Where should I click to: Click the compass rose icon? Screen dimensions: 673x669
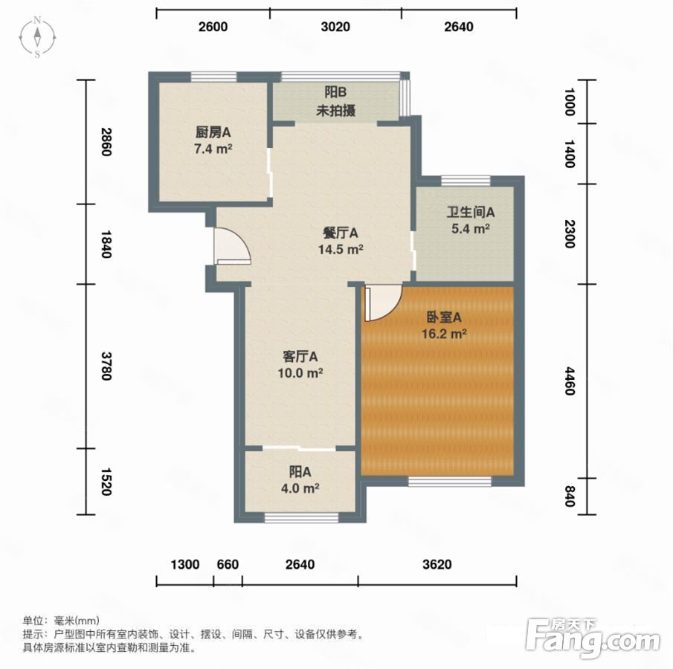pos(37,37)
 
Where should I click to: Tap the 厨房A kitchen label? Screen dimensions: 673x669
pos(213,132)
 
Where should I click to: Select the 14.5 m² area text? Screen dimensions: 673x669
pos(341,249)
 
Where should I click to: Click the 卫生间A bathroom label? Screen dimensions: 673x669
pos(471,212)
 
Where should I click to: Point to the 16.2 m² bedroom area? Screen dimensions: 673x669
pos(444,333)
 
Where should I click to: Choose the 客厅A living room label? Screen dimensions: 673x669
pos(300,356)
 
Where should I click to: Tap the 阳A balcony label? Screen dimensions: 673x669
pos(300,472)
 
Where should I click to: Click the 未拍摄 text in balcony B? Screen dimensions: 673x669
pos(335,111)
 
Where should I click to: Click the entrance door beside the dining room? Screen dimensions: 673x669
pos(233,245)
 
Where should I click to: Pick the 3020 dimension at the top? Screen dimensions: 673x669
pos(335,27)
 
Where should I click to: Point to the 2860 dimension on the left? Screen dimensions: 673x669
pos(106,142)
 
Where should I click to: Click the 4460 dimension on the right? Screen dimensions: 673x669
pos(569,381)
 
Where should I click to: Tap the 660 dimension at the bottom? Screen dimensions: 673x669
pos(228,564)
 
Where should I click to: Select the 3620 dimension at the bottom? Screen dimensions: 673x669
pos(437,564)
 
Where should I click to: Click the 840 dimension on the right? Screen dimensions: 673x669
pos(569,496)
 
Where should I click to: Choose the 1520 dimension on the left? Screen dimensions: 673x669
pos(106,482)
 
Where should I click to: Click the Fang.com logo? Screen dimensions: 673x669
pos(593,637)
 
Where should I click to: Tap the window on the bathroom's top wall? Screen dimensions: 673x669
pos(466,181)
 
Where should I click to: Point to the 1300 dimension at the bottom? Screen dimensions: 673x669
pos(185,564)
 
